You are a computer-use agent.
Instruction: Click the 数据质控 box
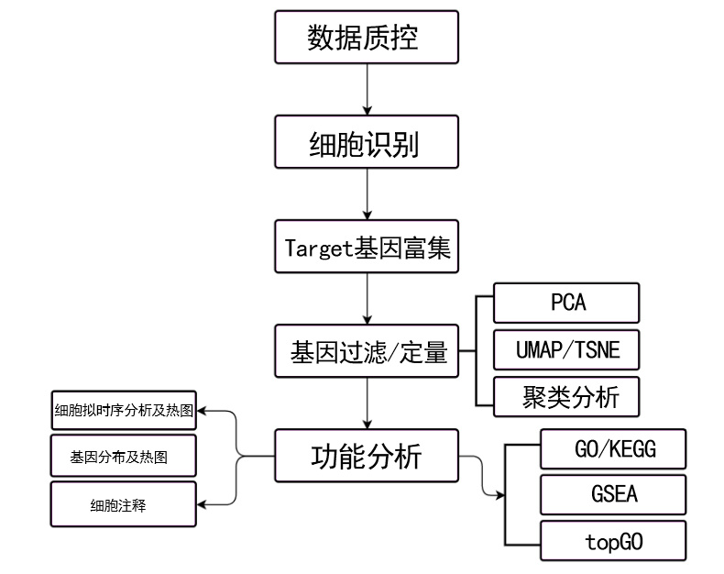pyautogui.click(x=367, y=38)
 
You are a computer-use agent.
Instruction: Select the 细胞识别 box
pyautogui.click(x=367, y=142)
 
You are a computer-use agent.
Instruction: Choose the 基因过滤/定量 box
pyautogui.click(x=367, y=351)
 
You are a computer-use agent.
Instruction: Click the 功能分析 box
pyautogui.click(x=367, y=456)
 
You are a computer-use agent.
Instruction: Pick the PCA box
pyautogui.click(x=565, y=303)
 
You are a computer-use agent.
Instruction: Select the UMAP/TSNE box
pyautogui.click(x=565, y=350)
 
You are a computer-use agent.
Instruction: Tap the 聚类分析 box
pyautogui.click(x=565, y=396)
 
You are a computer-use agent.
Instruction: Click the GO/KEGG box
pyautogui.click(x=613, y=449)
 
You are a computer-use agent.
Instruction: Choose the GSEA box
pyautogui.click(x=613, y=495)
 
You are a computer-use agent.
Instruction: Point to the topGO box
pyautogui.click(x=613, y=541)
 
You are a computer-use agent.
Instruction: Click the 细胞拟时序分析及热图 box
pyautogui.click(x=124, y=410)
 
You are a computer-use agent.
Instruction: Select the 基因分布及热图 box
pyautogui.click(x=124, y=456)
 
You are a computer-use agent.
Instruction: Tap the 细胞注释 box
pyautogui.click(x=124, y=504)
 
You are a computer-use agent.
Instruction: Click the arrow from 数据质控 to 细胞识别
pyautogui.click(x=367, y=90)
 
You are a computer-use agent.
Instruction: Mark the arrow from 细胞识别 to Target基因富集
pyautogui.click(x=367, y=194)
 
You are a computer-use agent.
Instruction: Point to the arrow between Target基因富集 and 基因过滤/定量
pyautogui.click(x=367, y=299)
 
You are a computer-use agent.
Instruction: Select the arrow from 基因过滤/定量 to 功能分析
pyautogui.click(x=367, y=403)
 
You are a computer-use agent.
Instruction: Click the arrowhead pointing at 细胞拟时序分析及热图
pyautogui.click(x=203, y=410)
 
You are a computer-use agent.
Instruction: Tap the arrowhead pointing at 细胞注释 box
pyautogui.click(x=203, y=503)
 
